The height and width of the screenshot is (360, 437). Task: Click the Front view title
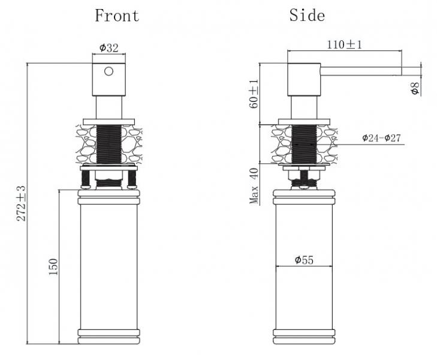(117, 16)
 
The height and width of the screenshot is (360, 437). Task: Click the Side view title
(307, 15)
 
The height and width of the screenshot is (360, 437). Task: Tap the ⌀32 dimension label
(109, 47)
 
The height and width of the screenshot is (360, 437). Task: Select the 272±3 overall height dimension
(21, 203)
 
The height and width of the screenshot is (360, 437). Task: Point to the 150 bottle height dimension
(53, 267)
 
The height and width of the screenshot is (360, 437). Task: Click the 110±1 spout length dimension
(344, 44)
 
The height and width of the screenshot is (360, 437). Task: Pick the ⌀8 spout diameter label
(415, 88)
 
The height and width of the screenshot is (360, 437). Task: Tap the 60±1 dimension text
(254, 94)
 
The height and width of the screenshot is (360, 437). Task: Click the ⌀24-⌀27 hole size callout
(381, 138)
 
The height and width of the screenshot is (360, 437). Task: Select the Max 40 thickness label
(254, 186)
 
